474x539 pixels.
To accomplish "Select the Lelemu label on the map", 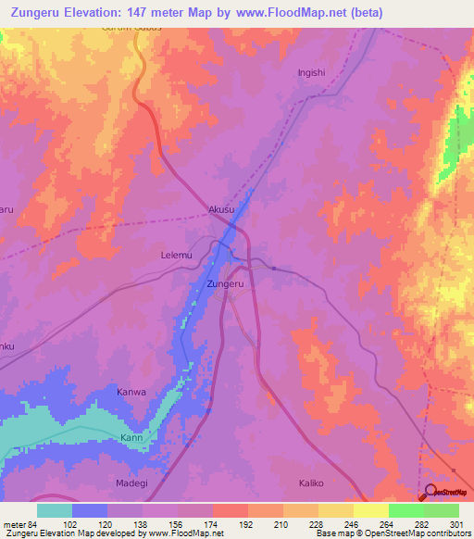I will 178,252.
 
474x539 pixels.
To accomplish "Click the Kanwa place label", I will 131,392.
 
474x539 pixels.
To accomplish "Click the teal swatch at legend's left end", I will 55,510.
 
